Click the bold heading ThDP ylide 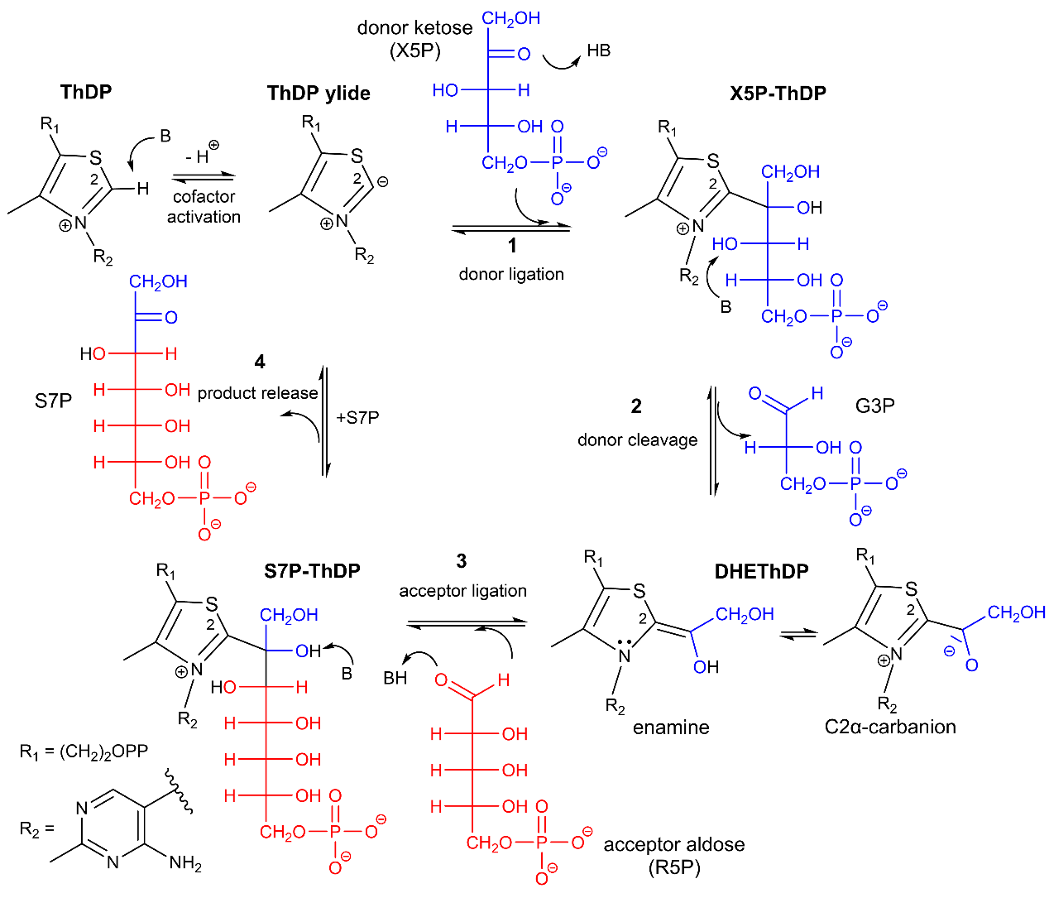pyautogui.click(x=319, y=94)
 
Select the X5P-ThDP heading pyautogui.click(x=778, y=94)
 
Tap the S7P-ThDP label pyautogui.click(x=312, y=571)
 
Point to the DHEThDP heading pyautogui.click(x=761, y=571)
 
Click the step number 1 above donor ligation pyautogui.click(x=512, y=246)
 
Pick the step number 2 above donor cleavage pyautogui.click(x=636, y=406)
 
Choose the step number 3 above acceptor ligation pyautogui.click(x=462, y=561)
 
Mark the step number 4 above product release pyautogui.click(x=260, y=362)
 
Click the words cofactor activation pyautogui.click(x=204, y=207)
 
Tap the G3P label pyautogui.click(x=874, y=406)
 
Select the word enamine pyautogui.click(x=671, y=728)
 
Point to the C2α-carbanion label pyautogui.click(x=890, y=727)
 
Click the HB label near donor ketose pyautogui.click(x=598, y=50)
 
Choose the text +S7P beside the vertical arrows pyautogui.click(x=357, y=418)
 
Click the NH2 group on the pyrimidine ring pyautogui.click(x=185, y=863)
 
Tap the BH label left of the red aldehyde pyautogui.click(x=395, y=678)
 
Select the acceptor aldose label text pyautogui.click(x=673, y=844)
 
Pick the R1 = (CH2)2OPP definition pyautogui.click(x=84, y=752)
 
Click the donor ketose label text pyautogui.click(x=414, y=28)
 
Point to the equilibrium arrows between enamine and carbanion pyautogui.click(x=798, y=635)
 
